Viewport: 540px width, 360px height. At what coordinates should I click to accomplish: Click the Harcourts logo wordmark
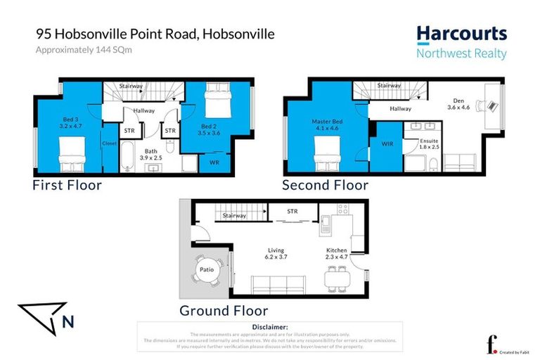pos(461,34)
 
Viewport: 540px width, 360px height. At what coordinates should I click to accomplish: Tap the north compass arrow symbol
pos(42,317)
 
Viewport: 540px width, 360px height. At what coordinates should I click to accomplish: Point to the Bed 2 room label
pos(210,128)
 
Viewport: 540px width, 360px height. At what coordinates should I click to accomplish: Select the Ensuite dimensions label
pos(429,143)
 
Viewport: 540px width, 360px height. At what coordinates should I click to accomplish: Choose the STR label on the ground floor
pos(292,211)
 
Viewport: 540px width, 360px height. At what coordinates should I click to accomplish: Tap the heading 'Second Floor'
pos(325,186)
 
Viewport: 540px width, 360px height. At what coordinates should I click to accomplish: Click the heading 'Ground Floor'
pos(224,310)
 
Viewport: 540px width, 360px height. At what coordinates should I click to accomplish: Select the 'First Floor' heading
pos(67,186)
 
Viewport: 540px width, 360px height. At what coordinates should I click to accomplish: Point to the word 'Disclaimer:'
pos(269,327)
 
